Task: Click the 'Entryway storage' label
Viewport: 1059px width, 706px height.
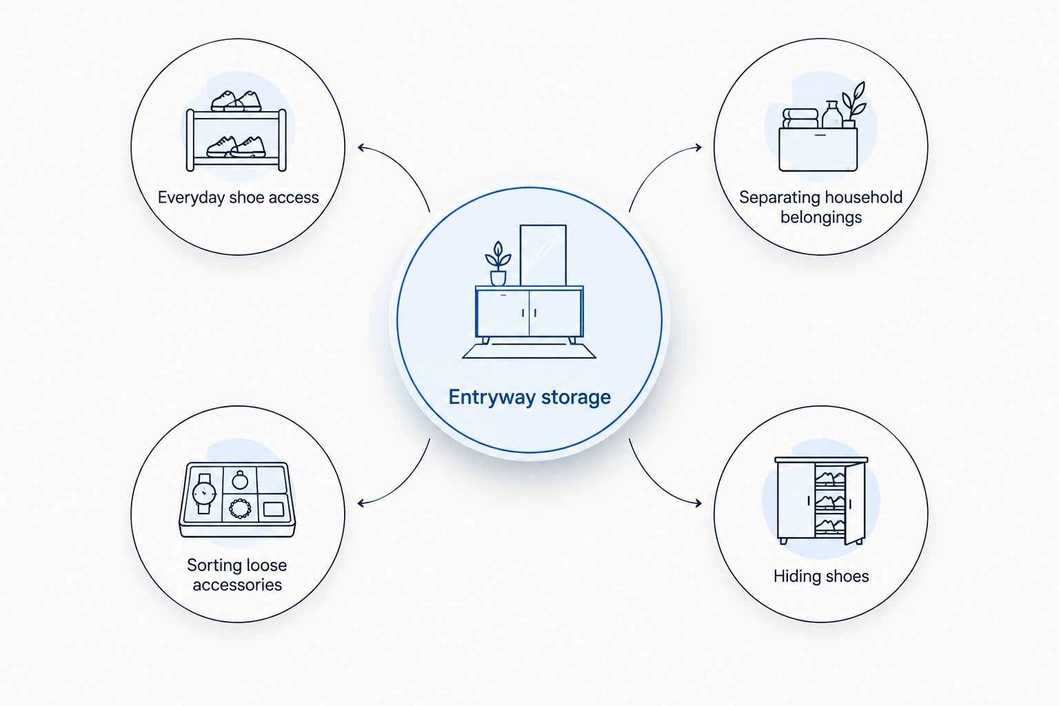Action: (529, 397)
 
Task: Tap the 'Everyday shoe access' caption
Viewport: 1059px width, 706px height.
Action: (239, 197)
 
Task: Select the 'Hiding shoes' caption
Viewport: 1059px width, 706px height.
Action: (821, 576)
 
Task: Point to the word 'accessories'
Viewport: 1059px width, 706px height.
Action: (237, 585)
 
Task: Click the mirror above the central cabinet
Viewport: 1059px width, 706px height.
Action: (543, 255)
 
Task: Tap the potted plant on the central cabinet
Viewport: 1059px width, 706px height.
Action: (498, 263)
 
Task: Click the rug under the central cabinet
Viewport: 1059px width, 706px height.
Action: (529, 352)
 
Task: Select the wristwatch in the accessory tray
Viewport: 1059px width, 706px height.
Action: (204, 494)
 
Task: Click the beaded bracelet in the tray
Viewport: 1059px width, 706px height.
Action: (240, 508)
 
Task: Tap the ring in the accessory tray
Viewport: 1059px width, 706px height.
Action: (240, 480)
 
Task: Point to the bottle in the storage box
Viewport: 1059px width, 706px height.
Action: (832, 114)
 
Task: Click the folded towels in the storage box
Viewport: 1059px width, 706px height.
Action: (800, 119)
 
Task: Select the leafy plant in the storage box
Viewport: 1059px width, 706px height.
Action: (854, 105)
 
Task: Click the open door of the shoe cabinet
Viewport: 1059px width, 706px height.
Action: (855, 504)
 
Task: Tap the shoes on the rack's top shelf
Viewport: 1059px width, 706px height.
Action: (236, 101)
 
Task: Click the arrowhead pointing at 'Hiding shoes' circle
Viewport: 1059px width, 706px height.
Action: (698, 503)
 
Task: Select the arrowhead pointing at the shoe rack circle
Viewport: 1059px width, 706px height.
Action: (361, 148)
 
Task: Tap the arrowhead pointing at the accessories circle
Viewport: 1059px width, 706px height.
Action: (361, 503)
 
